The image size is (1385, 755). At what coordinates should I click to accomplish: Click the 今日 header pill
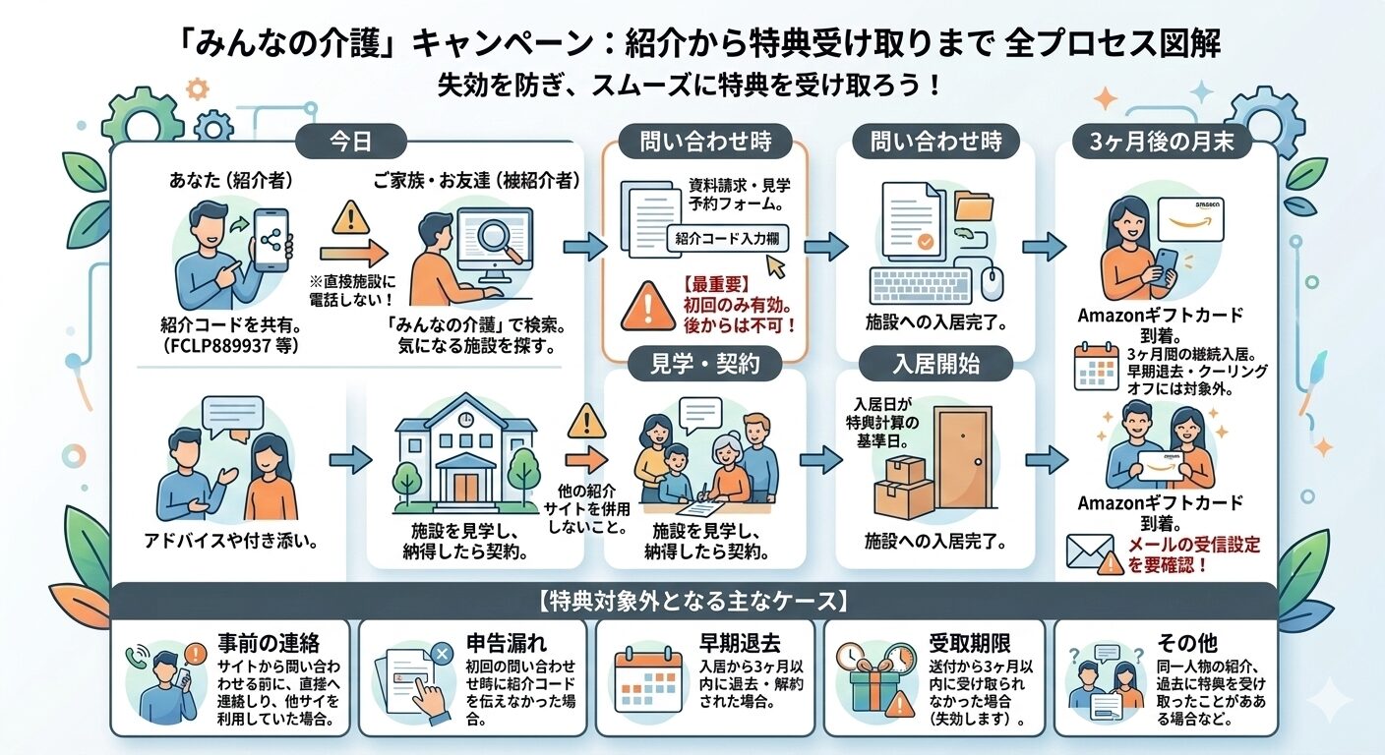[349, 143]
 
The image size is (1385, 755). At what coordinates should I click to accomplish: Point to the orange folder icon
[974, 205]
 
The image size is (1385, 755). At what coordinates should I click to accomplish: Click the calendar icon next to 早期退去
[640, 676]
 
